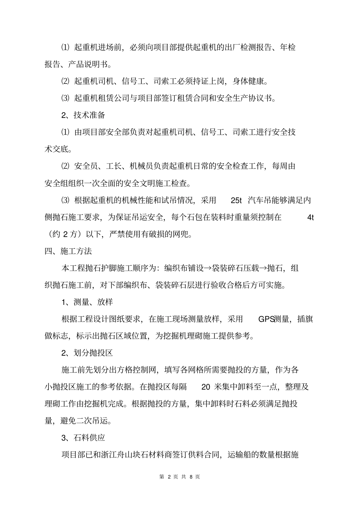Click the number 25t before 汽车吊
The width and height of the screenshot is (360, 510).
point(236,200)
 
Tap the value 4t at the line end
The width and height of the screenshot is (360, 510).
point(310,217)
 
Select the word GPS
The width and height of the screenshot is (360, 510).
point(266,319)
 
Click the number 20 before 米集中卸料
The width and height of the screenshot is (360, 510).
point(206,387)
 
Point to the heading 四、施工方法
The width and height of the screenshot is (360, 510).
point(68,251)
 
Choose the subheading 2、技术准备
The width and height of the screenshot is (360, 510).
point(83,115)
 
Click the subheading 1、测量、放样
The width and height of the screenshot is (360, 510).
point(87,302)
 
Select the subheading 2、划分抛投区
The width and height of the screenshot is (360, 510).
point(87,353)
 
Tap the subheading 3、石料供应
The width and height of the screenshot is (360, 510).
point(83,438)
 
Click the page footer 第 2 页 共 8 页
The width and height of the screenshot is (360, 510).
point(180,477)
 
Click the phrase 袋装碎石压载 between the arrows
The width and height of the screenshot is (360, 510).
point(235,268)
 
